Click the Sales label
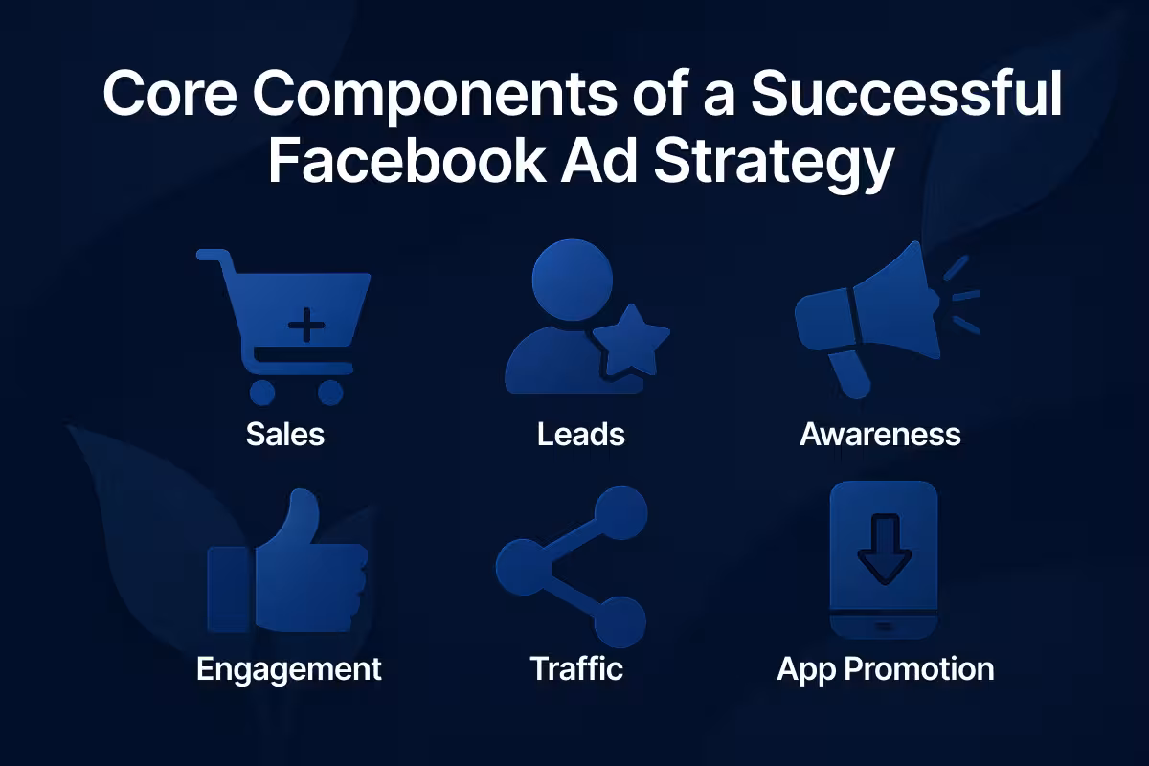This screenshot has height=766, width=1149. pyautogui.click(x=285, y=434)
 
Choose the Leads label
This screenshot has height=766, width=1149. pyautogui.click(x=580, y=434)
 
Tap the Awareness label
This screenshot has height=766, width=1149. pyautogui.click(x=880, y=434)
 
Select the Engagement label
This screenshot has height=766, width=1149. pyautogui.click(x=288, y=667)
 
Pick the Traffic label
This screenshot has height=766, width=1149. pyautogui.click(x=576, y=667)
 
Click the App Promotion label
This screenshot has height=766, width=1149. pyautogui.click(x=885, y=667)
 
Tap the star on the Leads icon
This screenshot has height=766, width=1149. pyautogui.click(x=630, y=340)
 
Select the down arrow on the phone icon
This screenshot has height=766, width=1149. pyautogui.click(x=883, y=551)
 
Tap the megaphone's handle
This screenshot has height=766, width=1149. pyautogui.click(x=848, y=373)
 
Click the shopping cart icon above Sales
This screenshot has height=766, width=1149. pyautogui.click(x=287, y=321)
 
